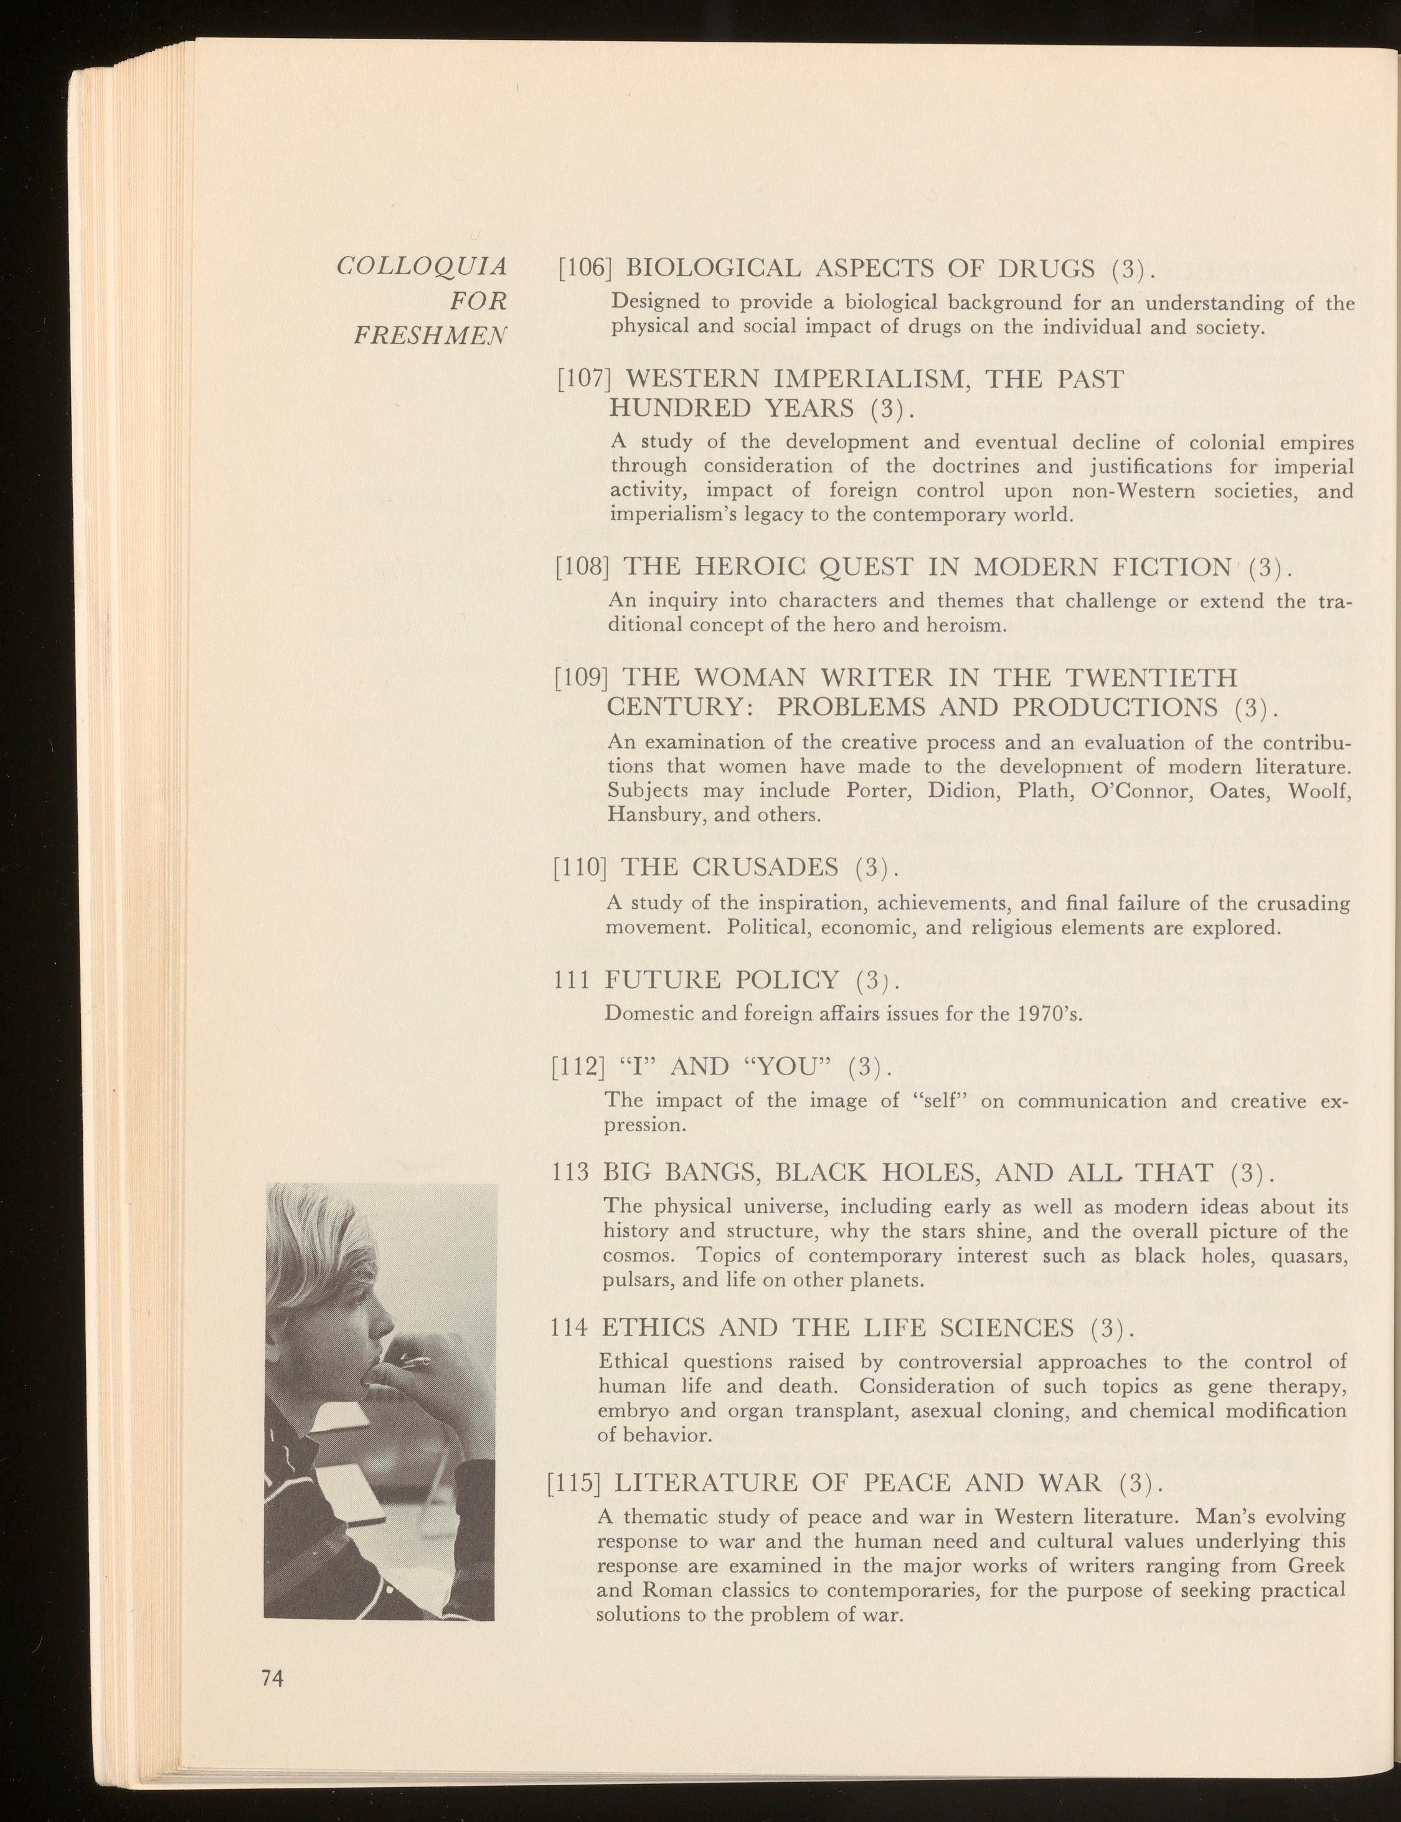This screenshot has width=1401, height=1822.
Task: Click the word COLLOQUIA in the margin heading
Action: (421, 268)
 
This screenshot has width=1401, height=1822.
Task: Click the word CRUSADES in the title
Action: (765, 868)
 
